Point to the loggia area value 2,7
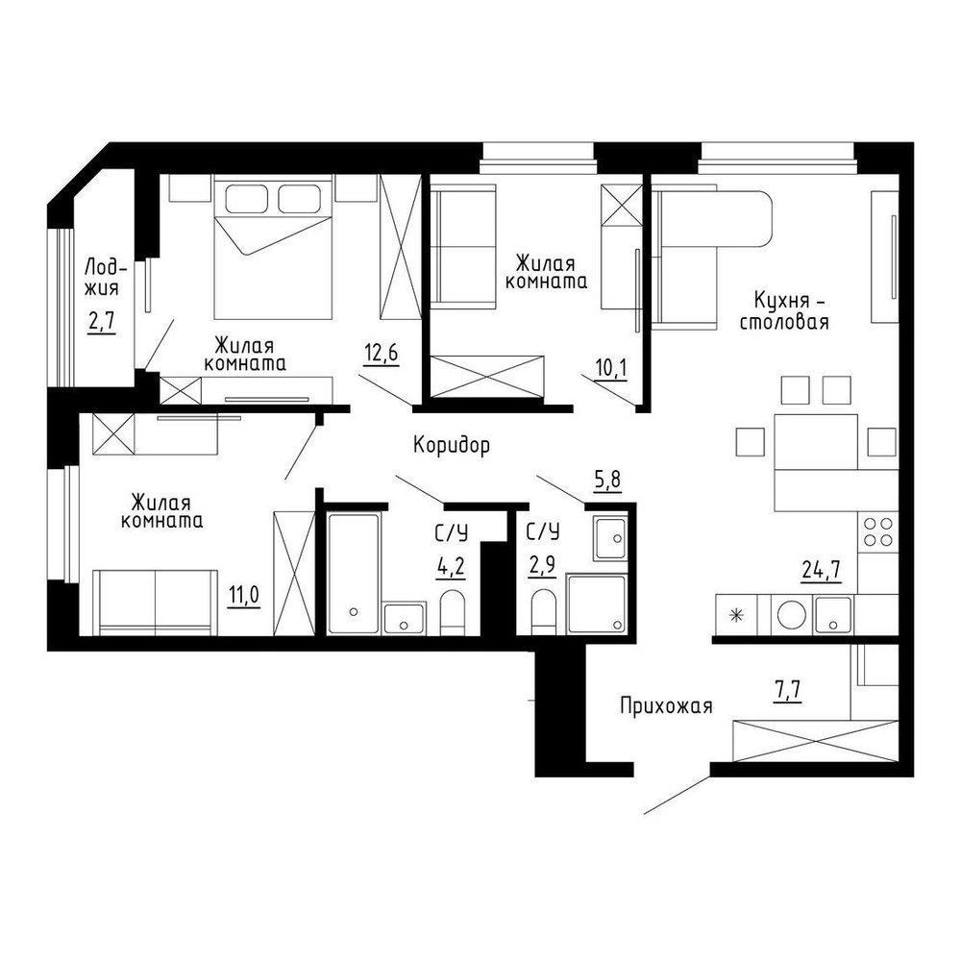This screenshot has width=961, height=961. pyautogui.click(x=101, y=322)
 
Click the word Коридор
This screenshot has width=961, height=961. pyautogui.click(x=452, y=445)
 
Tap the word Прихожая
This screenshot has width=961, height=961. pyautogui.click(x=666, y=706)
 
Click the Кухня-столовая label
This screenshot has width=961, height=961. pyautogui.click(x=784, y=311)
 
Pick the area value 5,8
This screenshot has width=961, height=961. pyautogui.click(x=607, y=480)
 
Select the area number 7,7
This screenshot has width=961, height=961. pyautogui.click(x=787, y=692)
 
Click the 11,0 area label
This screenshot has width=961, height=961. pyautogui.click(x=244, y=595)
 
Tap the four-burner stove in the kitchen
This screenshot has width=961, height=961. pyautogui.click(x=877, y=531)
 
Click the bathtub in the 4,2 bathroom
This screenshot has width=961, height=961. pyautogui.click(x=353, y=574)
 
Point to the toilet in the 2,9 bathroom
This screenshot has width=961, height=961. pyautogui.click(x=543, y=611)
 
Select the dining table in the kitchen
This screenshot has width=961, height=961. pyautogui.click(x=816, y=442)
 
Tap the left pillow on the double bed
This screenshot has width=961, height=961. pyautogui.click(x=246, y=199)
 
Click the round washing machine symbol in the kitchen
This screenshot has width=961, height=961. pyautogui.click(x=791, y=615)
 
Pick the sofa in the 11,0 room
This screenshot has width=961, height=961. pyautogui.click(x=155, y=603)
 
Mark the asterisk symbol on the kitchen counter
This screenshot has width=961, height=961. pyautogui.click(x=736, y=615)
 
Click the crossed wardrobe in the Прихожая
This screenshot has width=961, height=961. pyautogui.click(x=816, y=740)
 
